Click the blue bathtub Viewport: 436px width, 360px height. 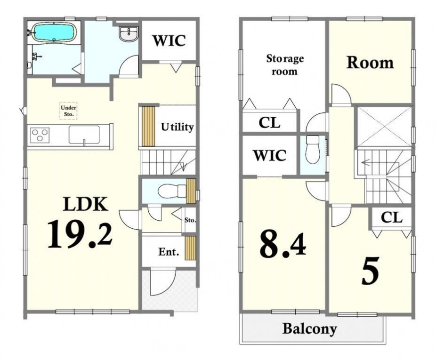pos(54,32)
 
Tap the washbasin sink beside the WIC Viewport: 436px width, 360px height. pos(128,34)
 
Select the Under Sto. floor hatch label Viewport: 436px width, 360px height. pos(68,111)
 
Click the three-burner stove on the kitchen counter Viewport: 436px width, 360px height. pos(40,136)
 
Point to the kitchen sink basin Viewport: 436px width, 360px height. pos(84,135)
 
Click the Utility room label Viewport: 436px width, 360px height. pos(177,127)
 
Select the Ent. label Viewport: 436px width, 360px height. pos(169,252)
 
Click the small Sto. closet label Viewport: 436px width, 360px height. pos(190,220)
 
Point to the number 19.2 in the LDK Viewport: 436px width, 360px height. pos(80,234)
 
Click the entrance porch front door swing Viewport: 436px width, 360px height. pos(163,281)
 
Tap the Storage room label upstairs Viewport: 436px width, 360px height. pos(285,65)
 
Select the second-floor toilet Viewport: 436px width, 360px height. pos(313,150)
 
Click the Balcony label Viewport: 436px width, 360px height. pos(309,329)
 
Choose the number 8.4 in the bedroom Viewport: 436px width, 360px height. pos(283,245)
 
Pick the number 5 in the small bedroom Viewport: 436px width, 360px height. pos(370,271)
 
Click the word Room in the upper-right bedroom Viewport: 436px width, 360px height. pos(370,63)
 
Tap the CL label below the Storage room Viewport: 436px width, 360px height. pos(269,123)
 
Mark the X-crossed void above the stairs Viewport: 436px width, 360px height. pos(384,125)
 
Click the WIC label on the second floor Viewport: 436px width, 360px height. pos(270,155)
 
